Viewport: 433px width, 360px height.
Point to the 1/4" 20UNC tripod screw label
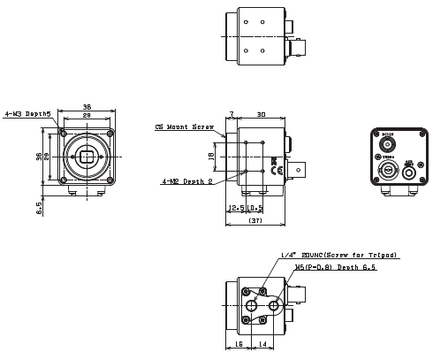pyautogui.click(x=338, y=255)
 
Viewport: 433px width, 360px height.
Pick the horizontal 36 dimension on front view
pyautogui.click(x=87, y=108)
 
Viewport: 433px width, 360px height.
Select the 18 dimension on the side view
pyautogui.click(x=210, y=157)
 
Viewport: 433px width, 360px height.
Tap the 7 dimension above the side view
pyautogui.click(x=232, y=114)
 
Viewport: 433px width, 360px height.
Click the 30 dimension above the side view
pyautogui.click(x=262, y=114)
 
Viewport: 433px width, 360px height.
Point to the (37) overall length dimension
pyautogui.click(x=255, y=220)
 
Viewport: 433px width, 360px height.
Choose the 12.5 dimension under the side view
pyautogui.click(x=235, y=208)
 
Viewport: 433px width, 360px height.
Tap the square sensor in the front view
pyautogui.click(x=87, y=158)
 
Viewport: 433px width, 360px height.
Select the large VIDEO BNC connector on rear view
pyautogui.click(x=385, y=169)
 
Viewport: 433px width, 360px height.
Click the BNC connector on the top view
pyautogui.click(x=298, y=39)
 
